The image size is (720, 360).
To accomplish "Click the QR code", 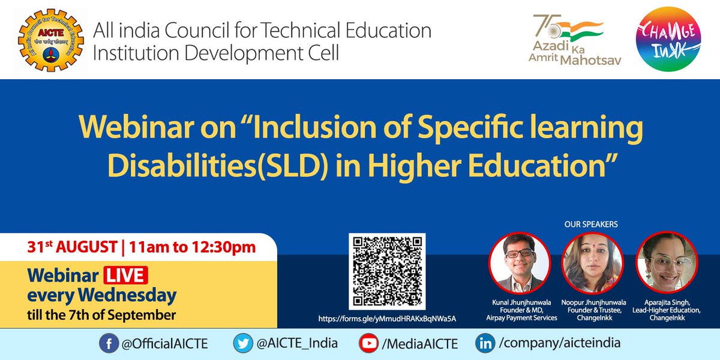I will point(387,271).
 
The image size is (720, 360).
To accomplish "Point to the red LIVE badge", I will point(125,277).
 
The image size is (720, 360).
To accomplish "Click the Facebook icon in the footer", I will point(108,344).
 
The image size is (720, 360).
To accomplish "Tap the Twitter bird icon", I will point(243,344).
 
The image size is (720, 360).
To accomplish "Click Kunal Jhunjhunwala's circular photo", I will point(520,263).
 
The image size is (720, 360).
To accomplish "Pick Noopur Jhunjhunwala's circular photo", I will point(592,263).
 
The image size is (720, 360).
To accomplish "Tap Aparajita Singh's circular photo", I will point(666,263).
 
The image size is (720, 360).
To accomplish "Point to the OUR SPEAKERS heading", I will point(591,224).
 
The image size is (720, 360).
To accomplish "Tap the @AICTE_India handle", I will point(297,344).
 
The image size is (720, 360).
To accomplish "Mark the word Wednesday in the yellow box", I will point(131,296).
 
